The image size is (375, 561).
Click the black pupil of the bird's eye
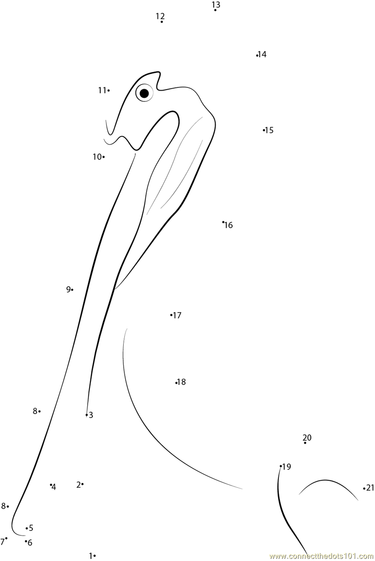[x=144, y=93]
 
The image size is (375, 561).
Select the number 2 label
[x=78, y=484]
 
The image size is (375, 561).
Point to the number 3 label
[x=91, y=415]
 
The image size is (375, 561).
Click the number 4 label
[x=54, y=487]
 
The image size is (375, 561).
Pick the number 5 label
[x=31, y=528]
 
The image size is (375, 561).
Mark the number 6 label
[x=30, y=543]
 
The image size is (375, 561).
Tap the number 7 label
[x=2, y=541]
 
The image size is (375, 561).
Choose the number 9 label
[x=68, y=289]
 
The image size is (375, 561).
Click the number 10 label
[x=97, y=157]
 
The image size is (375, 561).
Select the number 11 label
[x=102, y=90]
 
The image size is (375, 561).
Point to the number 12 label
[x=160, y=16]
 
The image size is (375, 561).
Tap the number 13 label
[x=216, y=5]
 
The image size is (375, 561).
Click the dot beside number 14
[x=257, y=55]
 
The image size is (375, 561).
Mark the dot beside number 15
[x=264, y=130]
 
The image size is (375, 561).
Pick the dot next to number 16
[x=223, y=222]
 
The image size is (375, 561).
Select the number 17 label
[x=177, y=315]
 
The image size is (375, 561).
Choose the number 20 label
[x=307, y=438]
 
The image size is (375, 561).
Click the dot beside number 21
[x=364, y=488]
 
